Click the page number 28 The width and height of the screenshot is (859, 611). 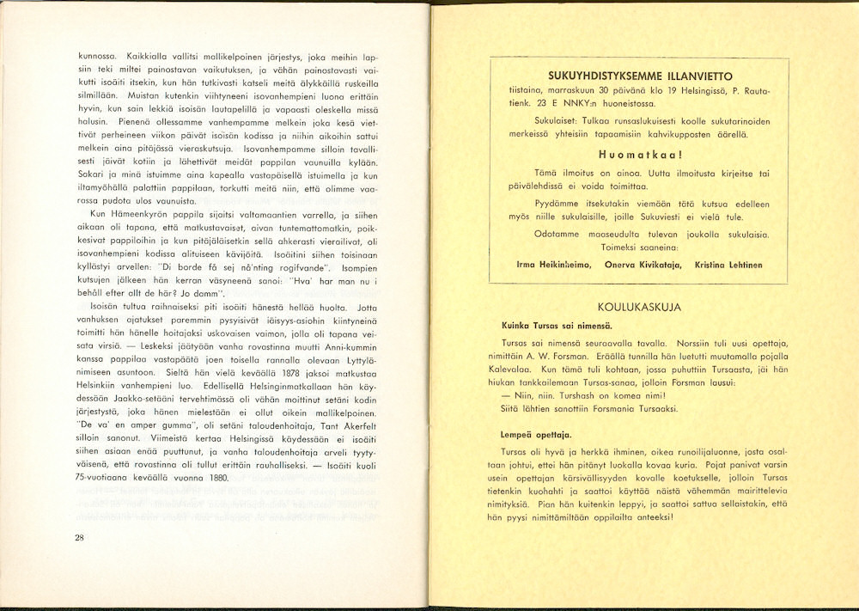[x=79, y=538]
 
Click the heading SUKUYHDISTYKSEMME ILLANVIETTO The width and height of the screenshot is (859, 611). [x=637, y=74]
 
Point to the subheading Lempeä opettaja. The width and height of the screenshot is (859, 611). [x=536, y=436]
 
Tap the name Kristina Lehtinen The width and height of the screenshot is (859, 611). [x=729, y=265]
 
